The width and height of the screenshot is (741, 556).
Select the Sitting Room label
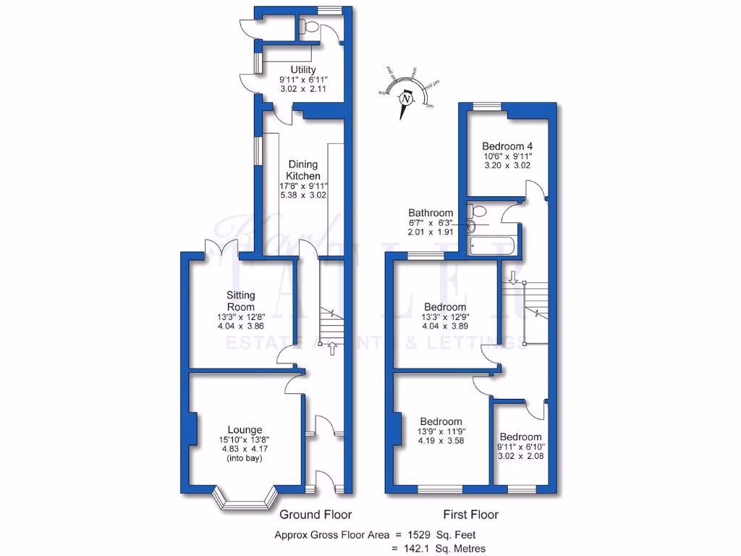click(240, 300)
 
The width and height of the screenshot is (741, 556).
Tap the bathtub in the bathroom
click(492, 247)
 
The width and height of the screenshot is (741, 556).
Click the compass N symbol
click(406, 98)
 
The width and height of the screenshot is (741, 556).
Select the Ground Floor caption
click(316, 515)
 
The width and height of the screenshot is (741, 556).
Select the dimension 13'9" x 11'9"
click(441, 432)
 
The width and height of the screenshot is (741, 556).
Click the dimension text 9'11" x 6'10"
click(520, 447)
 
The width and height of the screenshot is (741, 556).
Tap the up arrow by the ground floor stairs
click(332, 350)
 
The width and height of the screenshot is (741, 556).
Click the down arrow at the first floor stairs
click(512, 277)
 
